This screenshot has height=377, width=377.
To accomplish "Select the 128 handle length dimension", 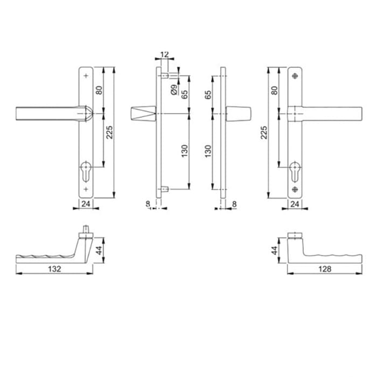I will (x=323, y=268).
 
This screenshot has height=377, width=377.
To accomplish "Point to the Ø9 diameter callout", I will (x=173, y=90).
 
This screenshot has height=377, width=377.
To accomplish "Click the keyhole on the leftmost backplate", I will (x=86, y=170).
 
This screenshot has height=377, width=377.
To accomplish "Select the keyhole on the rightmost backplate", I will (x=295, y=170).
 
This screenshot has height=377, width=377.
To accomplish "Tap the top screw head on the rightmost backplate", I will (x=295, y=76).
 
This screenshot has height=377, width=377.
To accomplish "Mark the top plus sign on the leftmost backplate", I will (x=86, y=76).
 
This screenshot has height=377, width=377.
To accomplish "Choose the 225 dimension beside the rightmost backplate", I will (x=264, y=131).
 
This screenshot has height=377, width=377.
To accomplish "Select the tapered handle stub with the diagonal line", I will (x=143, y=115).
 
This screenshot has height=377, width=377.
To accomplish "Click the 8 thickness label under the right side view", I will (x=234, y=204).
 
